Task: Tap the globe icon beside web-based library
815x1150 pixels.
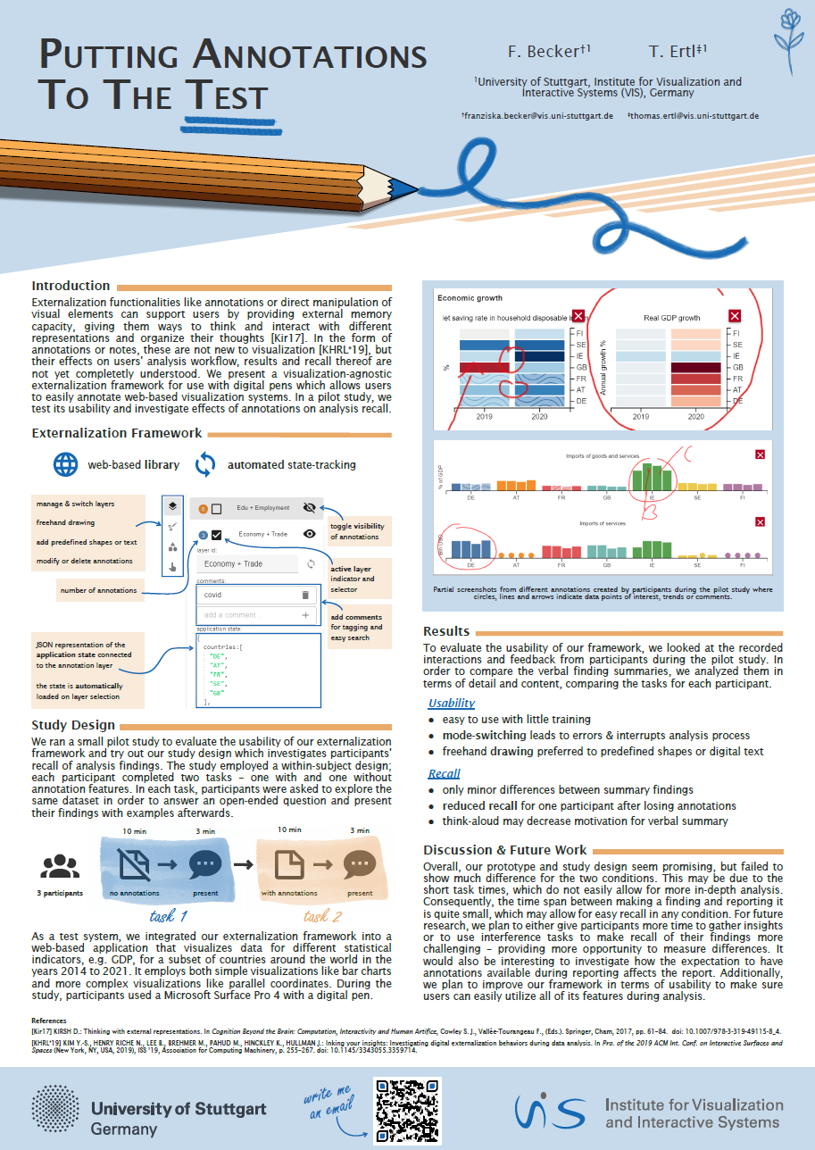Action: pyautogui.click(x=65, y=464)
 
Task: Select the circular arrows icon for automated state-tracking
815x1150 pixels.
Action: pyautogui.click(x=205, y=464)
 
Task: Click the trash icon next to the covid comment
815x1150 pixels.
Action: pyautogui.click(x=304, y=595)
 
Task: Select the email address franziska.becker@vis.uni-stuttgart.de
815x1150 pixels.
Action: pyautogui.click(x=536, y=116)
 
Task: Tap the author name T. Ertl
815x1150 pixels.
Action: pyautogui.click(x=678, y=51)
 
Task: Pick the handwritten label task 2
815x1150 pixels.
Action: pyautogui.click(x=322, y=916)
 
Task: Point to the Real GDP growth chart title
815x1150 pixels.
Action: pyautogui.click(x=672, y=318)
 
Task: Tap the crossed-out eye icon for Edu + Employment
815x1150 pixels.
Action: pyautogui.click(x=310, y=508)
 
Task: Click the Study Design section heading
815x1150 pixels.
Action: pyautogui.click(x=73, y=725)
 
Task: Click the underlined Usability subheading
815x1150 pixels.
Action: pyautogui.click(x=451, y=704)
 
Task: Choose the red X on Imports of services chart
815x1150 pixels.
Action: pyautogui.click(x=760, y=522)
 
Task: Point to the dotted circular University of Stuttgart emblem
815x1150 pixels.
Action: pyautogui.click(x=57, y=1109)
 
